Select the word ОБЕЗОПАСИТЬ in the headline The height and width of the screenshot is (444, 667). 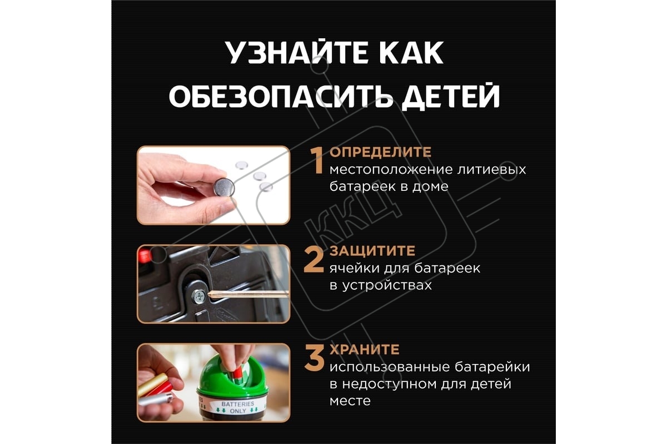(281, 96)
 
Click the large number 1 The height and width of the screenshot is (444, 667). (316, 160)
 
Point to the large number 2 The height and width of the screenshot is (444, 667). (313, 260)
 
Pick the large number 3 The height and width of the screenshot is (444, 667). (314, 358)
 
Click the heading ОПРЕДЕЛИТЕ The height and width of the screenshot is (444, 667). (380, 152)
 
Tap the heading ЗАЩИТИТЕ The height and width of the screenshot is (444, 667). (372, 251)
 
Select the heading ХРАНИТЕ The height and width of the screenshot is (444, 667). (365, 350)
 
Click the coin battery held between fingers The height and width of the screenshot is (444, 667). (224, 187)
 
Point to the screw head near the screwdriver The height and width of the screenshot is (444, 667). (198, 296)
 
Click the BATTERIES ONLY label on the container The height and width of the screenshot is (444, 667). (238, 407)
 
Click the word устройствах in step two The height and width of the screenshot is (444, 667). (387, 285)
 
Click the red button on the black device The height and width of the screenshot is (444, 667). (145, 256)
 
